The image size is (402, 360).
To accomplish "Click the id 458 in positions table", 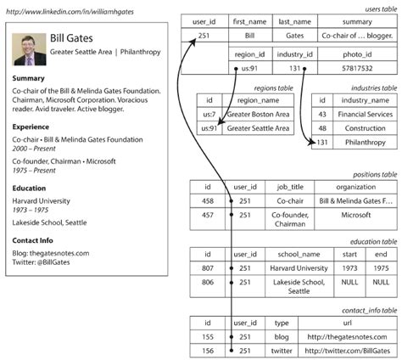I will point(207,201).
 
